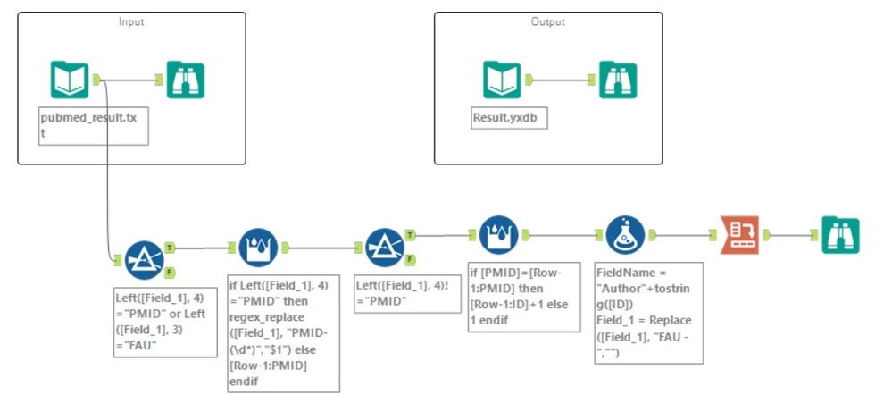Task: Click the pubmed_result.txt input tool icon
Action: pyautogui.click(x=71, y=80)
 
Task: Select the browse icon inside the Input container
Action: pyautogui.click(x=186, y=80)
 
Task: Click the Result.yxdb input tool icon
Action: pyautogui.click(x=502, y=80)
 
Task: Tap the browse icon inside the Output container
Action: pyautogui.click(x=618, y=80)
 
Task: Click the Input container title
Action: pyautogui.click(x=131, y=21)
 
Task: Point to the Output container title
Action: pyautogui.click(x=547, y=21)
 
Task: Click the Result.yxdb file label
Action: pyautogui.click(x=509, y=117)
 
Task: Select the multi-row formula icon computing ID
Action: pyautogui.click(x=498, y=235)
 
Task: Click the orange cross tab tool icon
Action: pyautogui.click(x=740, y=236)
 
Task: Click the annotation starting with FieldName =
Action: pyautogui.click(x=648, y=312)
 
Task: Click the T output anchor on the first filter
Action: pyautogui.click(x=169, y=246)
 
